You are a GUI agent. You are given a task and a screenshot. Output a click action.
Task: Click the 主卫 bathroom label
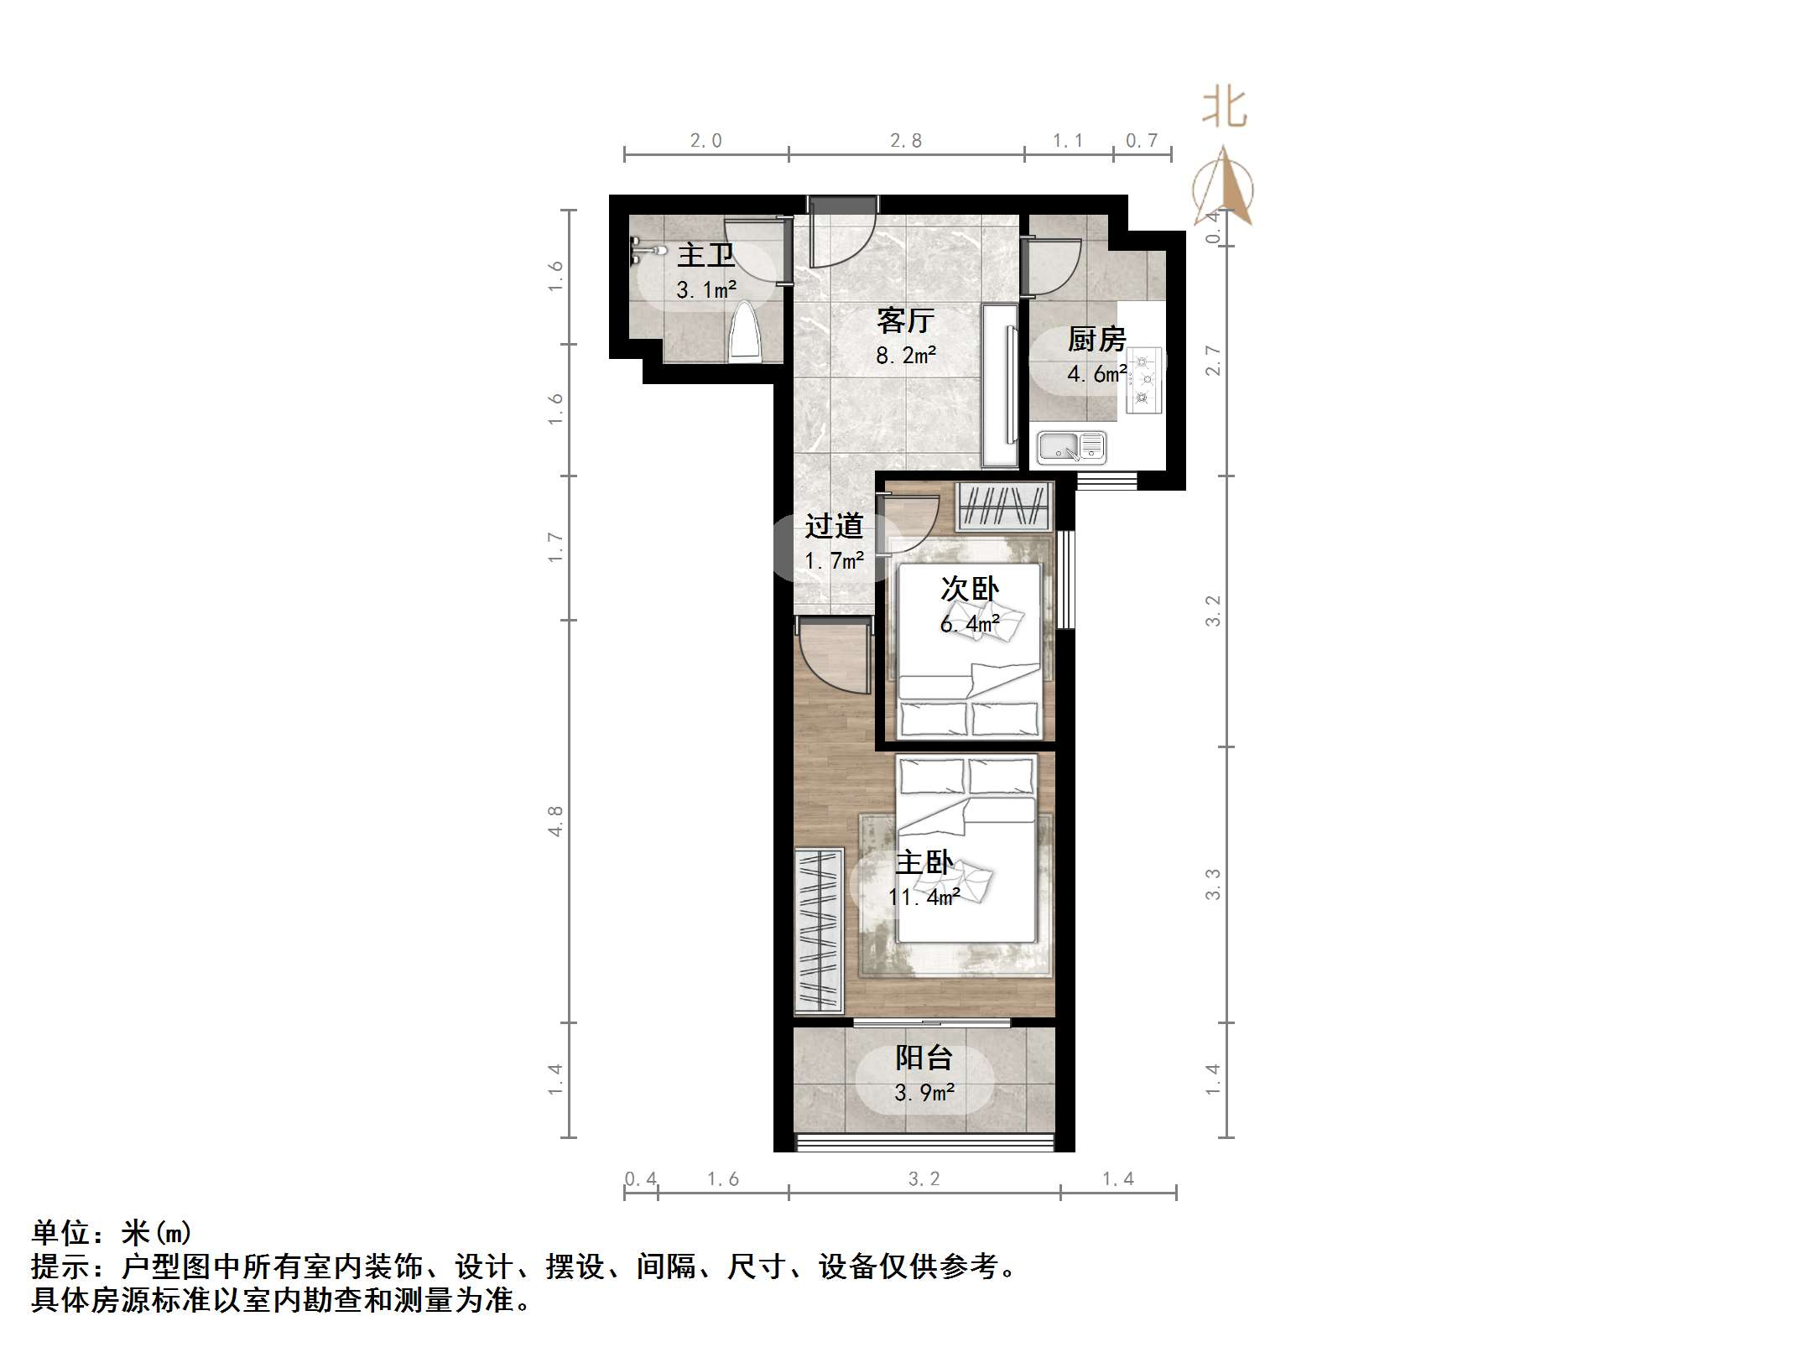(705, 255)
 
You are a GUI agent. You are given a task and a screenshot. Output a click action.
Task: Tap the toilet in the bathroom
(745, 332)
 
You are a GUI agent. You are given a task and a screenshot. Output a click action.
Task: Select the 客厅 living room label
(905, 320)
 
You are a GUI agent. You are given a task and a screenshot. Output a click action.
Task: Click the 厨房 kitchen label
(1096, 340)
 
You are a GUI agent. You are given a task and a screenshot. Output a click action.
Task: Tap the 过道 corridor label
(834, 526)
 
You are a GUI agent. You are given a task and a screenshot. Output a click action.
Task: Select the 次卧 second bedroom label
(969, 589)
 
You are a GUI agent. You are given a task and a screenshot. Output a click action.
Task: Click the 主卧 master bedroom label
(924, 862)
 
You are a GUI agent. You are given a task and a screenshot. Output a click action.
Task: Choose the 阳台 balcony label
(924, 1058)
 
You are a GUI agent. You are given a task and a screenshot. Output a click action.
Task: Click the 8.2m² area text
(905, 356)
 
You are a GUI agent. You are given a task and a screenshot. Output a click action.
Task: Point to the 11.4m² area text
(924, 897)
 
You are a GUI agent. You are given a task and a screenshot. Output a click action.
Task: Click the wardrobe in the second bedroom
(1004, 506)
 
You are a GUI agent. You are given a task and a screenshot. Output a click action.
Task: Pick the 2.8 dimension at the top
(905, 141)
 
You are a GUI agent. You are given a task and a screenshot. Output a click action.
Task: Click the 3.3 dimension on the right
(1213, 884)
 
